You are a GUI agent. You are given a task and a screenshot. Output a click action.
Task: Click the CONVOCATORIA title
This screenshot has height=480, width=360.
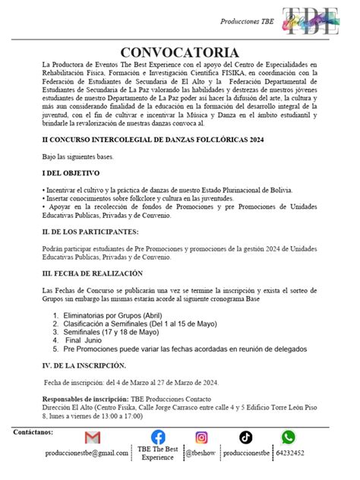(x=179, y=52)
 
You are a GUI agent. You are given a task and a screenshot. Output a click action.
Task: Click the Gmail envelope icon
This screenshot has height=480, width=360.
(x=93, y=437)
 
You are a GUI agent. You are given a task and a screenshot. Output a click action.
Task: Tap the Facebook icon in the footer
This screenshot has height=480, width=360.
(x=158, y=437)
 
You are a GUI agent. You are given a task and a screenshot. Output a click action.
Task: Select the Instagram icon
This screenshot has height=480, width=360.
(x=201, y=437)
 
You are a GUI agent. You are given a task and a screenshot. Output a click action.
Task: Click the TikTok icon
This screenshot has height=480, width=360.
(x=245, y=437)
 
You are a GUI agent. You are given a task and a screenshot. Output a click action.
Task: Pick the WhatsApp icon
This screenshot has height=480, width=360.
(x=288, y=437)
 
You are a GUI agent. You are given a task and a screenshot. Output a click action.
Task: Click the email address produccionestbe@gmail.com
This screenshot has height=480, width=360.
(x=87, y=453)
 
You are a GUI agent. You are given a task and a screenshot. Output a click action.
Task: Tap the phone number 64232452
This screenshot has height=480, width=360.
(x=289, y=453)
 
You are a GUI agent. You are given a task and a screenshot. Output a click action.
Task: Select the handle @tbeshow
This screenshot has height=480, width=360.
(x=201, y=453)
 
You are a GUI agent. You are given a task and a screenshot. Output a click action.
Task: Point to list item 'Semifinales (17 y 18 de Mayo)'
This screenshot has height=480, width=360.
(x=111, y=332)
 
